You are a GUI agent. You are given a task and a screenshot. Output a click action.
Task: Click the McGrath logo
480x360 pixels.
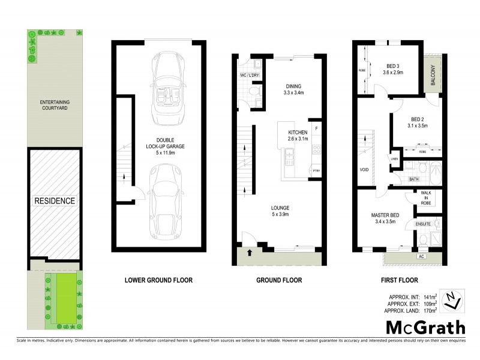[425, 327]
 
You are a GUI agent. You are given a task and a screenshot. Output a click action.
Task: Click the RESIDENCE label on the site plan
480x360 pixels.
[55, 201]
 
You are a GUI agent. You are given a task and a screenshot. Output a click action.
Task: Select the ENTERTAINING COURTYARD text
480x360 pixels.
[55, 106]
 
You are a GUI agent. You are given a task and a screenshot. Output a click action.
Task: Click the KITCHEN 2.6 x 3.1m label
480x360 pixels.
[298, 136]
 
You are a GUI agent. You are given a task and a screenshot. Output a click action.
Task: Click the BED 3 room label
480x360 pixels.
[394, 69]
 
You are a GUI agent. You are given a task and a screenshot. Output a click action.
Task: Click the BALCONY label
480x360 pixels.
[433, 77]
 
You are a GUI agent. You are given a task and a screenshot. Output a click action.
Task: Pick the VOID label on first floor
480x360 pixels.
[364, 170]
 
